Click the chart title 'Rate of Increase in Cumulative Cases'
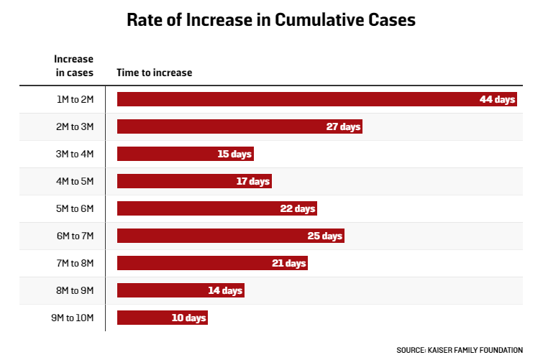[x=271, y=19]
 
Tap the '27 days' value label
[x=343, y=126]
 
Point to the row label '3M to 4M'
[x=76, y=154]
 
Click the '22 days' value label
[x=298, y=208]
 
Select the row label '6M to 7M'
[x=76, y=236]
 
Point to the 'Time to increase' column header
[x=154, y=73]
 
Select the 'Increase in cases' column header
[x=73, y=65]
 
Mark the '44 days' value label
[x=498, y=99]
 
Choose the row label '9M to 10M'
[x=73, y=318]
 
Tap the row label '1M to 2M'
[x=76, y=99]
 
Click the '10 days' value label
[x=189, y=318]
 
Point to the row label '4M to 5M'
[x=76, y=181]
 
